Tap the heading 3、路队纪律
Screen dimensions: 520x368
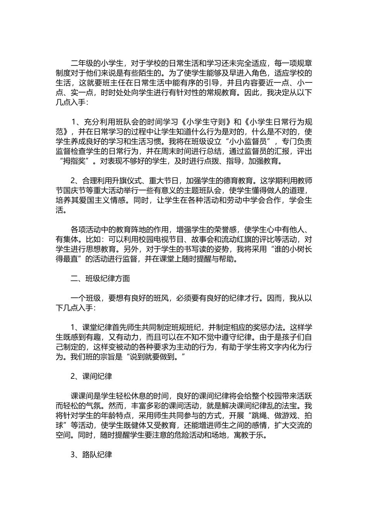91,455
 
